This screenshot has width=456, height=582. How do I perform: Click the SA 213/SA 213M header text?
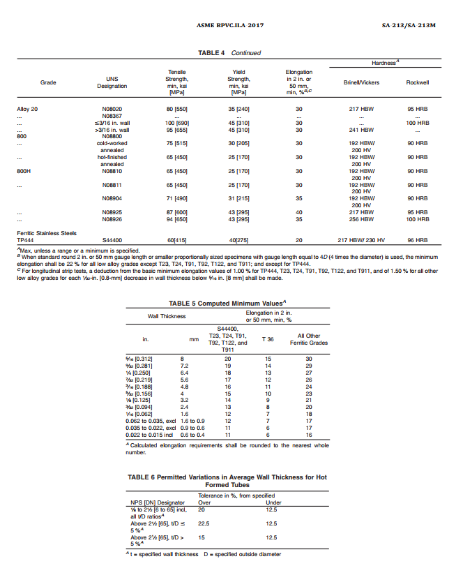coord(409,25)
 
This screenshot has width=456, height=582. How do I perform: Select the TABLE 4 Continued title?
coord(229,52)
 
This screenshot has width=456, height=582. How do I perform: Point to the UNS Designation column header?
coord(112,82)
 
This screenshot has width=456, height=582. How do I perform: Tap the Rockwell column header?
coord(417,82)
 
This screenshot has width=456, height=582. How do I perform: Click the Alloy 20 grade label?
coord(27,110)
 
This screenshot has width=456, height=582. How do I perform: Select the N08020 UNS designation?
coord(112,110)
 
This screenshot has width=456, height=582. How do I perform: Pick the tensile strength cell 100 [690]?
coord(177,123)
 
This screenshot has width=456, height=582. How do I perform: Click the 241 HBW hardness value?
coord(363,130)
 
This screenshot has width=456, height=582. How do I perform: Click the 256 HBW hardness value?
coord(363,219)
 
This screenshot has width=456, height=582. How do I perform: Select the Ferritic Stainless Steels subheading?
coord(46,233)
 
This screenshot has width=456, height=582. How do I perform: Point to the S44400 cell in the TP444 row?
coord(112,240)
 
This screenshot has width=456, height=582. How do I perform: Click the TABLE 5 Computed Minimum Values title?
coord(228,303)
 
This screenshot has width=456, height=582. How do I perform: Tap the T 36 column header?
coord(268,339)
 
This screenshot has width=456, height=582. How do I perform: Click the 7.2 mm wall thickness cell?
coord(185,365)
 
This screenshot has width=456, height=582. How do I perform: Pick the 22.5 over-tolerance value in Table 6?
coord(204,523)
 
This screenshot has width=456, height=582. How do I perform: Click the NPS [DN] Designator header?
coord(158,502)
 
